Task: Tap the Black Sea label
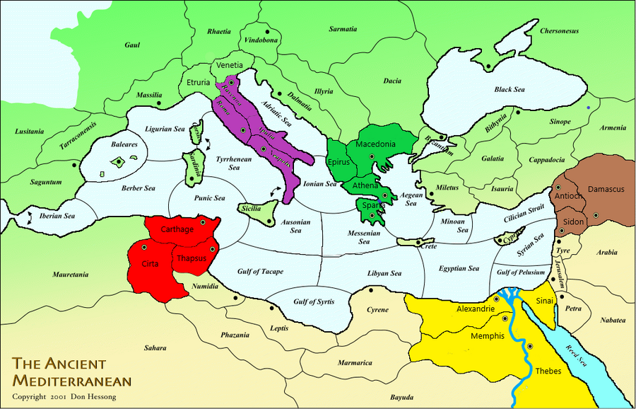point(509,90)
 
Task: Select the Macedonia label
point(375,144)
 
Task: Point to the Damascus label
point(606,190)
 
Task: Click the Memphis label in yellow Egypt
point(488,336)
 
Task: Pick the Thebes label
point(548,370)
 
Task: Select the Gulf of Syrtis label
point(314,302)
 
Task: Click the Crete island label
point(428,246)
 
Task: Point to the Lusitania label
point(28,131)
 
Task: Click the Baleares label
point(125,144)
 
